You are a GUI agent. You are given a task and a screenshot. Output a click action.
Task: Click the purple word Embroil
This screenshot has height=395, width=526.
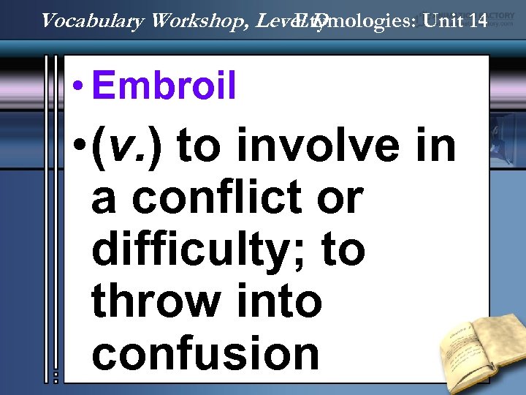point(164,87)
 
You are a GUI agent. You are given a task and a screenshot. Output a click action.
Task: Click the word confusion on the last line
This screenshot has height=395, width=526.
point(205,353)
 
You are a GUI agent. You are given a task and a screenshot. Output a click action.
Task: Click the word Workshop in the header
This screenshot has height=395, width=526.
point(202,20)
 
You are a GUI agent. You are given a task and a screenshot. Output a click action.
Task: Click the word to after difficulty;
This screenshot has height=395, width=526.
point(340,251)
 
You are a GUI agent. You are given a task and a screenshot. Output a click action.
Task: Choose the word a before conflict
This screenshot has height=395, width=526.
point(102,199)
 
